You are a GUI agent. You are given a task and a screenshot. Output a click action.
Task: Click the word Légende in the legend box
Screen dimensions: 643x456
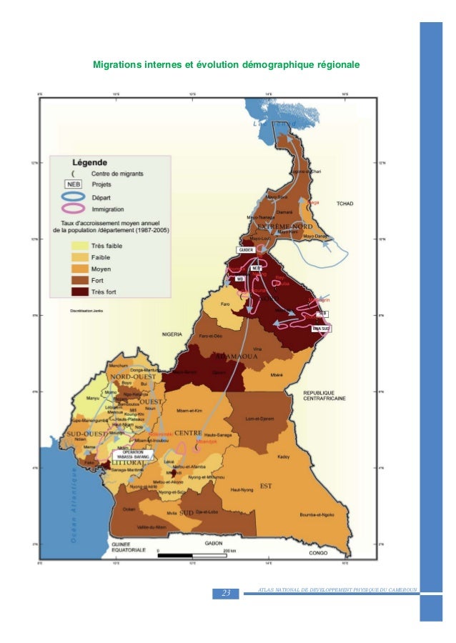[x=87, y=162]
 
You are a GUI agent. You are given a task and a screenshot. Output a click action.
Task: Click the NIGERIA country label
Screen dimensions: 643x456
[x=174, y=334]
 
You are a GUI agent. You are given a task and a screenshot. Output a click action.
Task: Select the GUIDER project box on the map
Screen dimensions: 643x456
[x=245, y=249]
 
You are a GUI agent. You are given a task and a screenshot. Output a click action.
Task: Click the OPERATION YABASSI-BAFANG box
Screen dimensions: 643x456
[x=134, y=454]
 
